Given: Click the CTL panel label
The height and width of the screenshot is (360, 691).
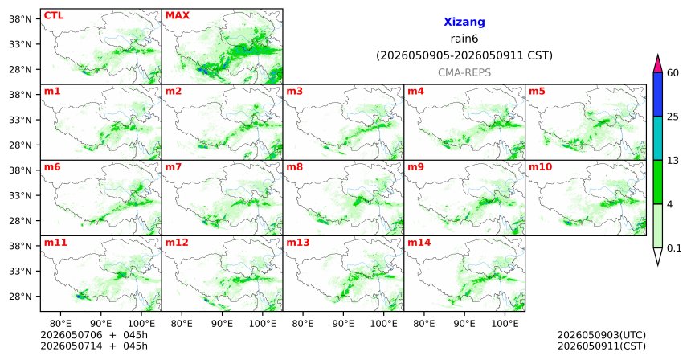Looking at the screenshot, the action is click(53, 15).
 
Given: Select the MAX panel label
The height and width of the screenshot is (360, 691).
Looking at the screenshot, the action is click(177, 15).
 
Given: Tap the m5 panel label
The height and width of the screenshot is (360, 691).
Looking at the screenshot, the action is click(537, 92).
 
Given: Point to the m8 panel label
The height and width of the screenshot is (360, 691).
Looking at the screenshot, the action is click(294, 167).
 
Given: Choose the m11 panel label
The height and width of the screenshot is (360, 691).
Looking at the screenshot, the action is click(55, 243).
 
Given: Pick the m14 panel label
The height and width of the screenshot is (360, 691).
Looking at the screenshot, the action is click(419, 243).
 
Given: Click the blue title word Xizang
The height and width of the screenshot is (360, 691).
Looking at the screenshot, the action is click(464, 22).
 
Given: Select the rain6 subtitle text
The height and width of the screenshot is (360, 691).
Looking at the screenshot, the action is click(464, 39).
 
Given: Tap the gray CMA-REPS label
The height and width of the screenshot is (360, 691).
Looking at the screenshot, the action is click(464, 72).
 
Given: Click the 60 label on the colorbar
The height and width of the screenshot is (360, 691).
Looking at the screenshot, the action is click(673, 73).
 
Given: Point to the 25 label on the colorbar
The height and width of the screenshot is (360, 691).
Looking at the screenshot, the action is click(673, 117).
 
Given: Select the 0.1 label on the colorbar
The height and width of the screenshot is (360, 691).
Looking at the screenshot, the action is click(674, 248).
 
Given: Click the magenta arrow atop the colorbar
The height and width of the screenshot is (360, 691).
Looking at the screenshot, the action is click(658, 64).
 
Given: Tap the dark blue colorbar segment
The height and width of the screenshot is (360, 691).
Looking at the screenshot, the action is click(658, 94).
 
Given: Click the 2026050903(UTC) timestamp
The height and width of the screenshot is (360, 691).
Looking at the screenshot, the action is click(602, 336).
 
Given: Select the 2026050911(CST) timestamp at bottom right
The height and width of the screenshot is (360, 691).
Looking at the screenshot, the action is click(602, 346).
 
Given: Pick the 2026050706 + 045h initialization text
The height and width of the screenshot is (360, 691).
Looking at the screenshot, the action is click(94, 335).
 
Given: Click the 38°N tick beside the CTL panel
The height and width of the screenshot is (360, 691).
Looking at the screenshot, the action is click(20, 19).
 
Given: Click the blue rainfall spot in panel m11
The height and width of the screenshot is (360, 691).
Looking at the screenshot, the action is click(80, 297).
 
